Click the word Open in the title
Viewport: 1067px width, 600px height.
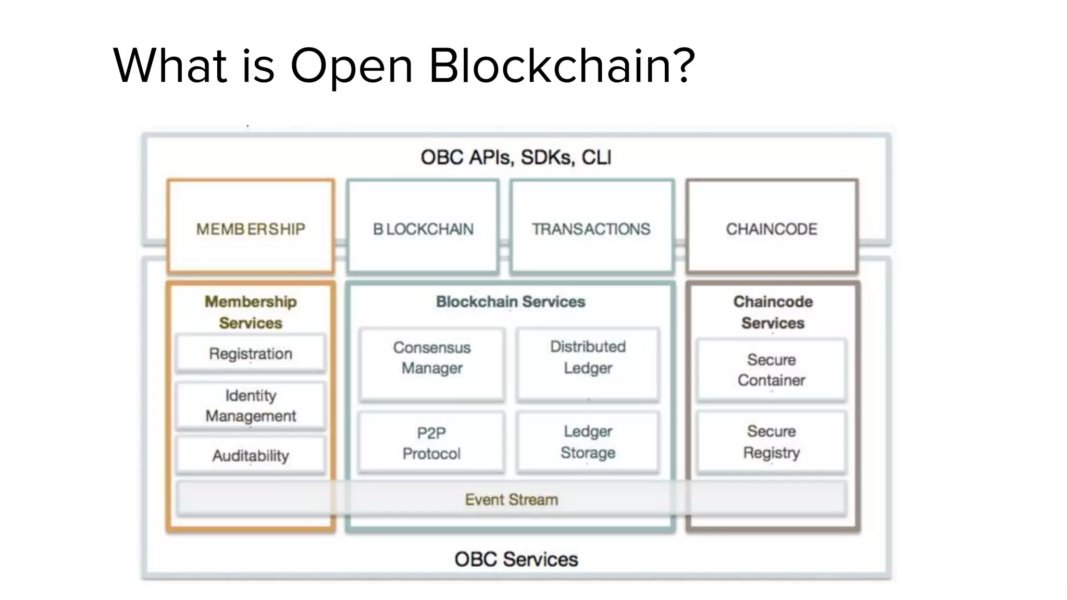pos(351,67)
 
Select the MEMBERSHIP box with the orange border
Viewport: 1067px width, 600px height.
pos(251,227)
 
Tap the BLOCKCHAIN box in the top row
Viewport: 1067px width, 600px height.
pos(423,227)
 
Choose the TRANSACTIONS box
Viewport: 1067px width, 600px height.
pos(591,227)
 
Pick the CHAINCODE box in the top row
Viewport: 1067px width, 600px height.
pos(772,227)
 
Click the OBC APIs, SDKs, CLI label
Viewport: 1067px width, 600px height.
pos(516,157)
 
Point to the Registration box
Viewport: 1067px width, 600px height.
pos(251,354)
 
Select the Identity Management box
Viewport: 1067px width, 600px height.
pos(251,406)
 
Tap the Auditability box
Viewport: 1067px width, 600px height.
pos(251,456)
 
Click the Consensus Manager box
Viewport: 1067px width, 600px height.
pos(432,364)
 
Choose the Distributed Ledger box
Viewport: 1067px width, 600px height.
pos(588,364)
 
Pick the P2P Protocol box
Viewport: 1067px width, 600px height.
pos(432,443)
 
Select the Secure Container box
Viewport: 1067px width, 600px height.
pos(772,370)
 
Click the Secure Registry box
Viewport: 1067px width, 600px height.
pos(772,442)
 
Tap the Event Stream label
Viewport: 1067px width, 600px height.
pos(512,499)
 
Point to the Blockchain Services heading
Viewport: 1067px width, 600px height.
pos(511,302)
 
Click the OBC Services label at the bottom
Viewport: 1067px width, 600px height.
pos(516,559)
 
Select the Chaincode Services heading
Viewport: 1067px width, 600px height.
pos(773,312)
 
